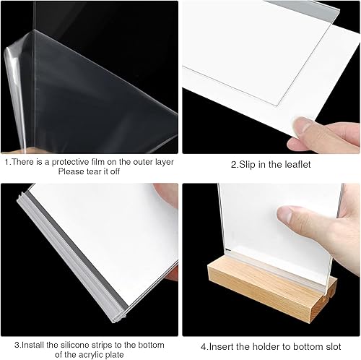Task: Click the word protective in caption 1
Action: (x=63, y=163)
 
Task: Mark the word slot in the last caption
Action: (x=332, y=345)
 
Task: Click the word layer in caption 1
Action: (x=161, y=163)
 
